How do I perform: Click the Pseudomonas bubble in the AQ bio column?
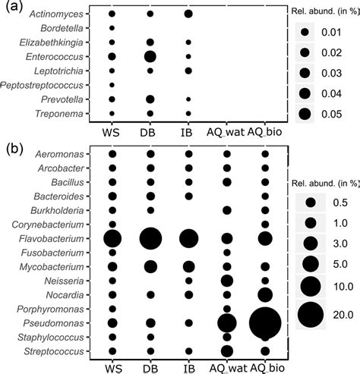point(264,322)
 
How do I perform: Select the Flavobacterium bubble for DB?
point(150,238)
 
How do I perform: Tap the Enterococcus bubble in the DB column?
point(150,56)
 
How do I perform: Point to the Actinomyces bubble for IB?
point(188,14)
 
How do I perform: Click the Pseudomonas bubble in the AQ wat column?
point(226,322)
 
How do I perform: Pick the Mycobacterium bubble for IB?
point(188,266)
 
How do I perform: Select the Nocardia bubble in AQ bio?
point(265,294)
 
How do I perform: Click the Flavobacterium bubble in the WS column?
point(112,238)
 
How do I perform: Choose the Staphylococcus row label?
point(55,336)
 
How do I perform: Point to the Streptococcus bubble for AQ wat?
point(226,350)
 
